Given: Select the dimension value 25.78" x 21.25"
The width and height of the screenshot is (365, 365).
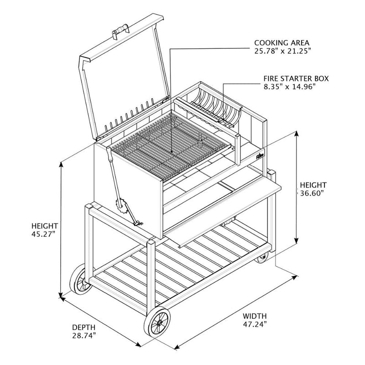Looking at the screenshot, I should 283,52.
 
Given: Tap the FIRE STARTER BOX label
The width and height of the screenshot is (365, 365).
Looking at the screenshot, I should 289,78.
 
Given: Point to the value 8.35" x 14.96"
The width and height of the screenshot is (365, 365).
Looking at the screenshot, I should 289,86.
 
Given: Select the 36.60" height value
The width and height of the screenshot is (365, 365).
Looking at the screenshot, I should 313,193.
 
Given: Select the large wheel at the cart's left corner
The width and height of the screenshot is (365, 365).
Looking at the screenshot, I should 78,279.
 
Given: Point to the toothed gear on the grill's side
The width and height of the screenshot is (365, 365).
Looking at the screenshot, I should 121,208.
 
